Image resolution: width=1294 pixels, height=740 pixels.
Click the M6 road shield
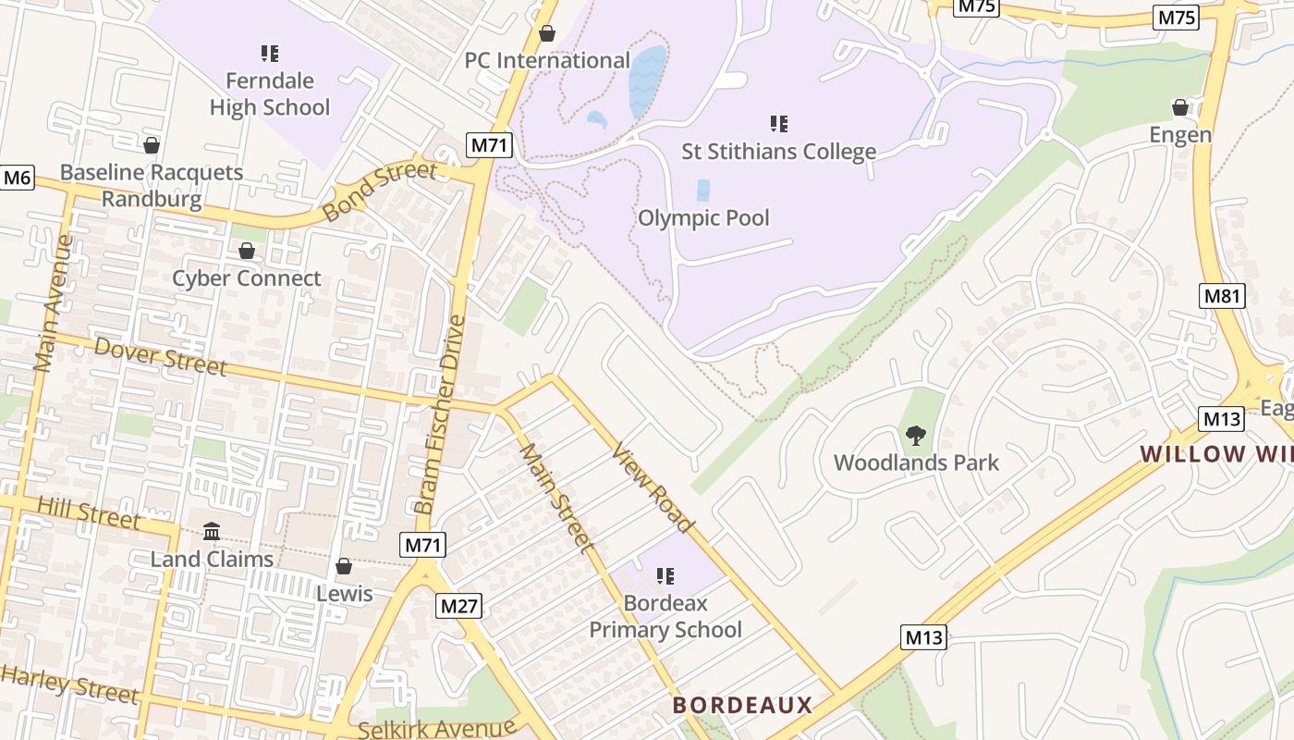pos(17,178)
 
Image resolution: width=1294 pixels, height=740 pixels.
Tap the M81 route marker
pos(1222,296)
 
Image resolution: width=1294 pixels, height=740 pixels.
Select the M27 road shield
pos(458,606)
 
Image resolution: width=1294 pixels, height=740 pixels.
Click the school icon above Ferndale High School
pos(270,54)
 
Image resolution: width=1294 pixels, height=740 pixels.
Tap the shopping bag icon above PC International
pos(547,33)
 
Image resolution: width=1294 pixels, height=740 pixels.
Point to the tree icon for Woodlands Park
pos(916,435)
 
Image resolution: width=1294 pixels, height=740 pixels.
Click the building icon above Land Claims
pos(212,532)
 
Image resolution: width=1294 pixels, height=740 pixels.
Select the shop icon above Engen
pos(1180,107)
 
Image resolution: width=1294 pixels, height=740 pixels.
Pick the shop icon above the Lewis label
pos(344,565)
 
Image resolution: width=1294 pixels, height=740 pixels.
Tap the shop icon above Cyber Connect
pos(247,251)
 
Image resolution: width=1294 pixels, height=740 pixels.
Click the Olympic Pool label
pos(703,218)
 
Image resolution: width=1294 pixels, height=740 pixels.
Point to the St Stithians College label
pos(778,152)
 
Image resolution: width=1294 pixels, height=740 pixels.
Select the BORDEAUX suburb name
pos(742,705)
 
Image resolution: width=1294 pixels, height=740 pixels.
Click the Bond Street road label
pos(379,191)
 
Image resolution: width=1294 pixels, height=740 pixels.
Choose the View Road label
pos(653,487)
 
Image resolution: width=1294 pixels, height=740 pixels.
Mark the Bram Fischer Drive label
pos(440,414)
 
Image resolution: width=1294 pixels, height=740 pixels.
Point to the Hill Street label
pos(88,513)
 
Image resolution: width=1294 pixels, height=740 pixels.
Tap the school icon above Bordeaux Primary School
pos(665,576)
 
